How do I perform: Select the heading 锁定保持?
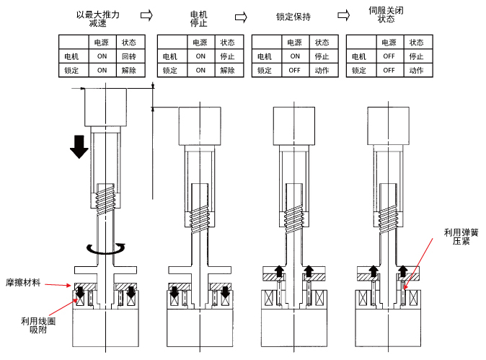(x=293, y=15)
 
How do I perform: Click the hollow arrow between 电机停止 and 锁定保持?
(x=242, y=15)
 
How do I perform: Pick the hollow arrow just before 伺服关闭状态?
(x=344, y=13)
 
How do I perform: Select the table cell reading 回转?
(x=128, y=56)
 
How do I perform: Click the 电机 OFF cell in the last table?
(x=389, y=56)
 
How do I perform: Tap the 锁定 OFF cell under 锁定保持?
(x=295, y=70)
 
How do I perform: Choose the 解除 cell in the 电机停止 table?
(x=227, y=70)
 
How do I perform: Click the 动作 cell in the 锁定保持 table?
(x=322, y=70)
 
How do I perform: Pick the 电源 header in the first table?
(x=102, y=43)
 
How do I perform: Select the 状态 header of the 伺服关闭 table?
(x=416, y=43)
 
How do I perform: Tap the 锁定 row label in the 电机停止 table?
(x=170, y=70)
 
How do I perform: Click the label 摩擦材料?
(x=25, y=284)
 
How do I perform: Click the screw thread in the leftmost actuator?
(x=106, y=197)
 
